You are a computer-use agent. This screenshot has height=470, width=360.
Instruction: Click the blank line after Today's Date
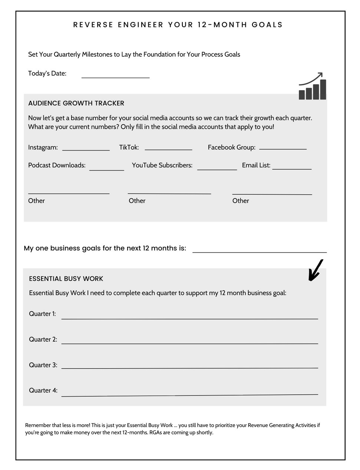115,77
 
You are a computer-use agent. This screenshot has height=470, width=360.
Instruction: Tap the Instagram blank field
86,149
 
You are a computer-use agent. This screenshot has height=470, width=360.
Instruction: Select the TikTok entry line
168,149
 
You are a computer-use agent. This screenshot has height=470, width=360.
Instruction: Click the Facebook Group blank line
283,148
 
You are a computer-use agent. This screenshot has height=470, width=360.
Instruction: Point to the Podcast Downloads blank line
107,170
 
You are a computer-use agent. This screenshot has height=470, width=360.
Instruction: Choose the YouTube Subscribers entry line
217,169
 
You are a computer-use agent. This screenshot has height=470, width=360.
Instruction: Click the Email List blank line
292,169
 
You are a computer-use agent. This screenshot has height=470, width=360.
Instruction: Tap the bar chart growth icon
312,86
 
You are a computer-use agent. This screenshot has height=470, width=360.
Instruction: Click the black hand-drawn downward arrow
315,270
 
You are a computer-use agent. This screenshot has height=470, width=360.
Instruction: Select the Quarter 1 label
42,314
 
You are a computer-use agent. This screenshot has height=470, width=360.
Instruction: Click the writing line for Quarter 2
189,343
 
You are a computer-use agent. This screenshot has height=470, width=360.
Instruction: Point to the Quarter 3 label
43,365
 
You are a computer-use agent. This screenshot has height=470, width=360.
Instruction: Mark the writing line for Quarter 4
189,395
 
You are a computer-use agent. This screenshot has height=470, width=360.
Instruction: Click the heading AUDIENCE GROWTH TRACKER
76,103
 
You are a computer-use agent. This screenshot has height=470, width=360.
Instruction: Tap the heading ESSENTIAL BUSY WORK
66,279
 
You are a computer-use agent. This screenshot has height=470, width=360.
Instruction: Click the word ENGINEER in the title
141,25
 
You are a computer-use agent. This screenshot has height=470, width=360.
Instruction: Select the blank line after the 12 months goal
260,252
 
